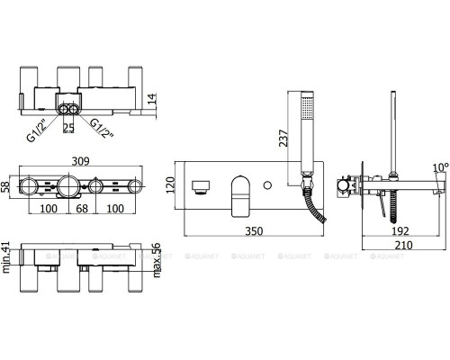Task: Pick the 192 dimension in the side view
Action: pos(401,230)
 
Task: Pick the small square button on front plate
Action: pos(203,185)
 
